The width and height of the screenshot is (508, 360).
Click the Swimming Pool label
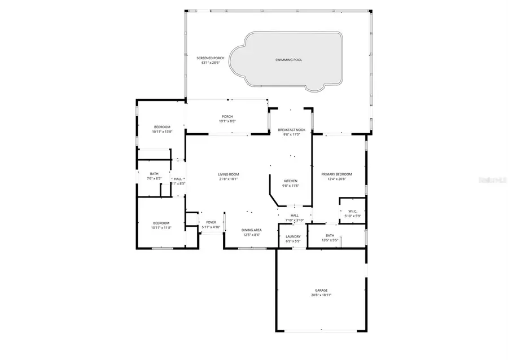288,59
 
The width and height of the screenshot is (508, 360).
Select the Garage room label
321,291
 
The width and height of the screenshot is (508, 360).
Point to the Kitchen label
291,181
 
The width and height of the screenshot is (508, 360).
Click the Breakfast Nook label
291,130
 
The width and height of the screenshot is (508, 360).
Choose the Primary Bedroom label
336,174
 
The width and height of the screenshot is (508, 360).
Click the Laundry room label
294,236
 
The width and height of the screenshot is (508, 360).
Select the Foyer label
211,223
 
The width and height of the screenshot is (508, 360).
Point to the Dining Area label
251,230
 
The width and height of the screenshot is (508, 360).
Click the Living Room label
229,174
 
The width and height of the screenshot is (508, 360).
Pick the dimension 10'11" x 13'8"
161,131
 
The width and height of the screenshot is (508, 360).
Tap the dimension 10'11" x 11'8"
161,229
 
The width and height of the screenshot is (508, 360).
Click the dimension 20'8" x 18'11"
321,295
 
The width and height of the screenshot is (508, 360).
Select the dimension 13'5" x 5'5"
330,240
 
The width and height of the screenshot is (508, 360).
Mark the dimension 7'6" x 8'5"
154,178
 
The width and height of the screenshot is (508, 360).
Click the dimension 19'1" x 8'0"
227,121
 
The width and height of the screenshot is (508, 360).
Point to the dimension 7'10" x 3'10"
295,220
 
